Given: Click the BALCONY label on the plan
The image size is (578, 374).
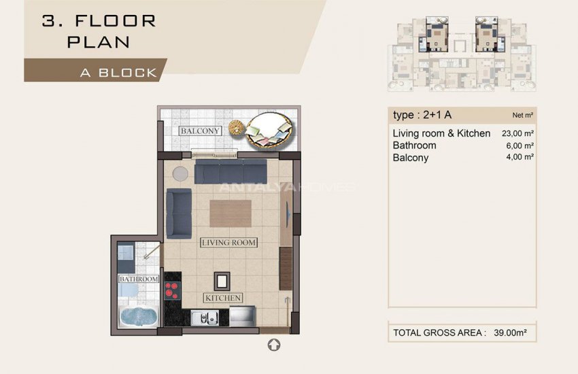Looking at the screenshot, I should click(200, 131).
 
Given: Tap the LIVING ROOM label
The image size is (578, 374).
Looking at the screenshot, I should click(228, 243).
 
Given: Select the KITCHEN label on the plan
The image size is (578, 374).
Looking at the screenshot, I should click(223, 298).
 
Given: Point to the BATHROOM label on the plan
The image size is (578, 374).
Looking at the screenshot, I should click(139, 279).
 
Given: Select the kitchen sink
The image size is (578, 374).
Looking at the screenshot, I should click(204, 316).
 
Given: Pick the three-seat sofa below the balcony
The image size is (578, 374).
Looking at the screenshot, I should click(230, 172).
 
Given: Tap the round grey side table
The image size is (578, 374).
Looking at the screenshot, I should click(181, 173).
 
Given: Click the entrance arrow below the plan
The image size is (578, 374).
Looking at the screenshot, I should click(274, 345).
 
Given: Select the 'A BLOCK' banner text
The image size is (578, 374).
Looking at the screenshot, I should click(118, 72).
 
